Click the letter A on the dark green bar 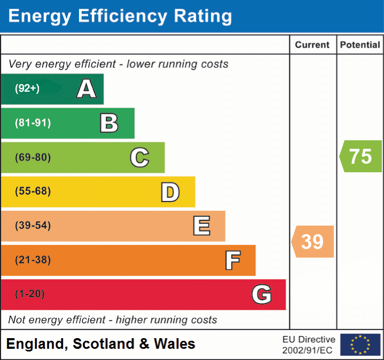87,89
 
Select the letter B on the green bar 109,123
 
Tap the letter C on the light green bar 139,157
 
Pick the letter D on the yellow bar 170,192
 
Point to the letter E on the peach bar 201,226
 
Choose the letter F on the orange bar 232,260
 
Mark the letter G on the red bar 262,294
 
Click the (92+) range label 27,89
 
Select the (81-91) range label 33,123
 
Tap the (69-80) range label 33,157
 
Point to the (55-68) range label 33,191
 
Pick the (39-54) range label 33,226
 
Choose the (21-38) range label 33,260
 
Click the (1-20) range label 30,294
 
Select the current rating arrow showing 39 313,242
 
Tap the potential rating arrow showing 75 361,156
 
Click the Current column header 313,45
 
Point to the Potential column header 360,45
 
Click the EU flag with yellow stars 360,345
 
